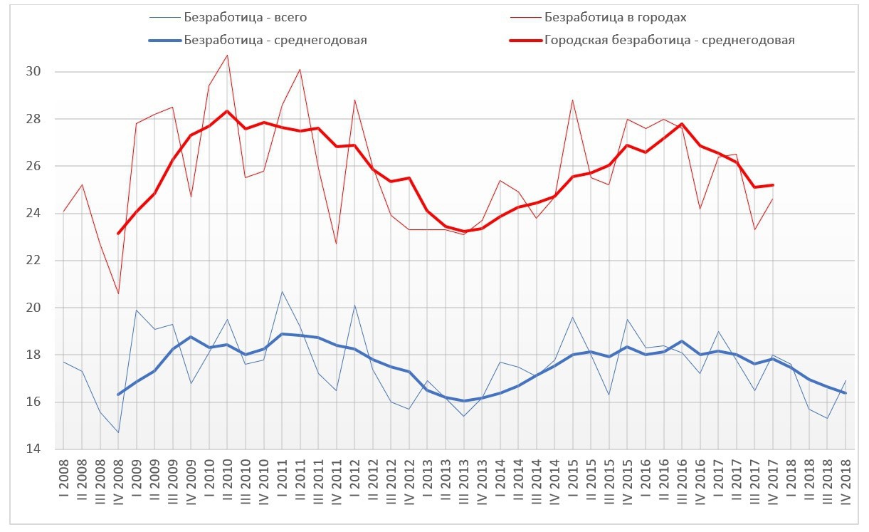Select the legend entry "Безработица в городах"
coord(614,16)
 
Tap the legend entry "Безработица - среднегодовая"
coord(275,40)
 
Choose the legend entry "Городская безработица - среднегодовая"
coord(669,40)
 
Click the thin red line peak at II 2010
coord(227,55)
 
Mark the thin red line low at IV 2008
coord(118,293)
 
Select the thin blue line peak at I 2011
coord(282,291)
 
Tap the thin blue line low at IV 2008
coord(118,432)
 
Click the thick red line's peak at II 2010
coord(227,111)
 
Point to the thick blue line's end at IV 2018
coord(845,393)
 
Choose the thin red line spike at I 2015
coord(572,100)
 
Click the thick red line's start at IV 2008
coord(118,234)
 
